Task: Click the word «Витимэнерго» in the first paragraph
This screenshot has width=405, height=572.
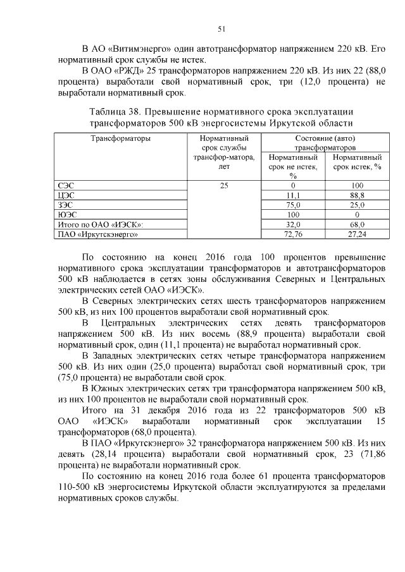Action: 146,49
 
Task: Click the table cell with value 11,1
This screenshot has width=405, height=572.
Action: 293,196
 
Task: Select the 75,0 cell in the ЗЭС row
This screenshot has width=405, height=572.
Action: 293,205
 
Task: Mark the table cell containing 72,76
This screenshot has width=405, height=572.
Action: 293,234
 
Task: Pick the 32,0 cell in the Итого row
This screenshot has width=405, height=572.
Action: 293,224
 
